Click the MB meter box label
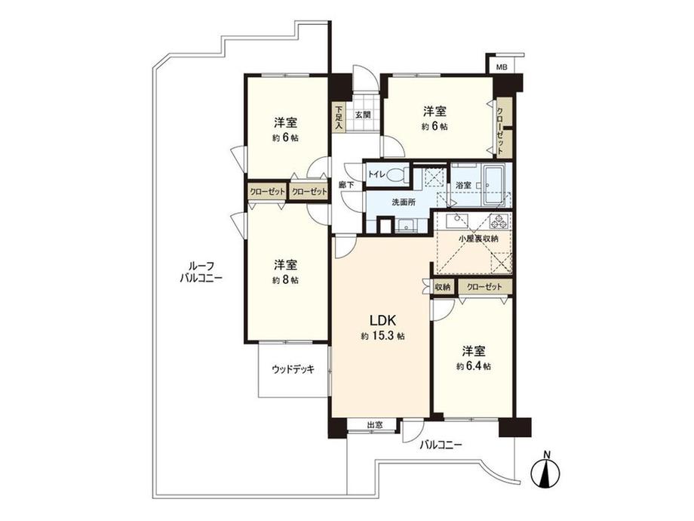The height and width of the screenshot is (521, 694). (502, 66)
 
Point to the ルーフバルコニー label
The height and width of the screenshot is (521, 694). (201, 271)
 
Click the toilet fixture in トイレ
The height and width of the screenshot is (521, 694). (399, 174)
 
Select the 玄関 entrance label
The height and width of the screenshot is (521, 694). (362, 116)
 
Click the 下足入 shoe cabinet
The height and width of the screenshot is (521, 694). (339, 117)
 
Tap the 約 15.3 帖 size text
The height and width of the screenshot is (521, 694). (382, 336)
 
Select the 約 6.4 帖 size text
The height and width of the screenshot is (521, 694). (474, 367)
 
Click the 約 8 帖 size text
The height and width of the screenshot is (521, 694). (285, 280)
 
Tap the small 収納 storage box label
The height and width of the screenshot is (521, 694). (443, 287)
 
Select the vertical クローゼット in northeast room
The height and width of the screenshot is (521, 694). (501, 128)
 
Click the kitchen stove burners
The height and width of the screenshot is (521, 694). (499, 221)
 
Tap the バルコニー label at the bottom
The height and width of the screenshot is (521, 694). (441, 445)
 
